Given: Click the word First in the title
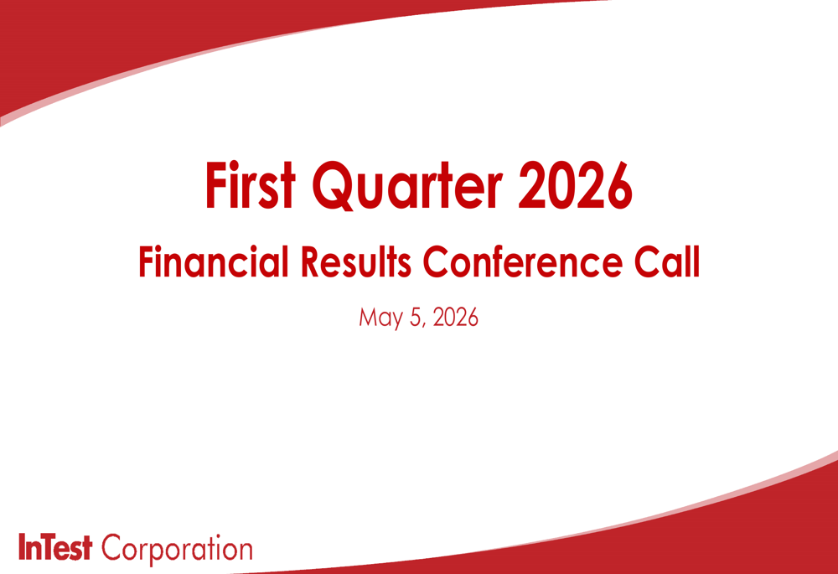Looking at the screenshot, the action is tap(250, 184).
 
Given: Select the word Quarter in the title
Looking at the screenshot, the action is tap(407, 185).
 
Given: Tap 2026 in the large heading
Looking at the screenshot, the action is tap(575, 185).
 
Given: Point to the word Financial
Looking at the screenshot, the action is tap(214, 261).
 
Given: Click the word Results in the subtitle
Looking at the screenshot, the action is tap(356, 261).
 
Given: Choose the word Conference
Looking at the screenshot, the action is tap(523, 261).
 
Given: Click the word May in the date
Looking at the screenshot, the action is tap(381, 318).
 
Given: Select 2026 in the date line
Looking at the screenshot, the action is tap(455, 317).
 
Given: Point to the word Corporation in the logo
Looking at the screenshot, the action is tap(177, 550).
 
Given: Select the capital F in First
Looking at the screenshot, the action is tap(215, 184).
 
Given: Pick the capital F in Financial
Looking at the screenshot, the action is tap(146, 262).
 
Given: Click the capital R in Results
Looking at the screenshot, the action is tap(311, 262).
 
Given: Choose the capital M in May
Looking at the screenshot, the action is tap(368, 317).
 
